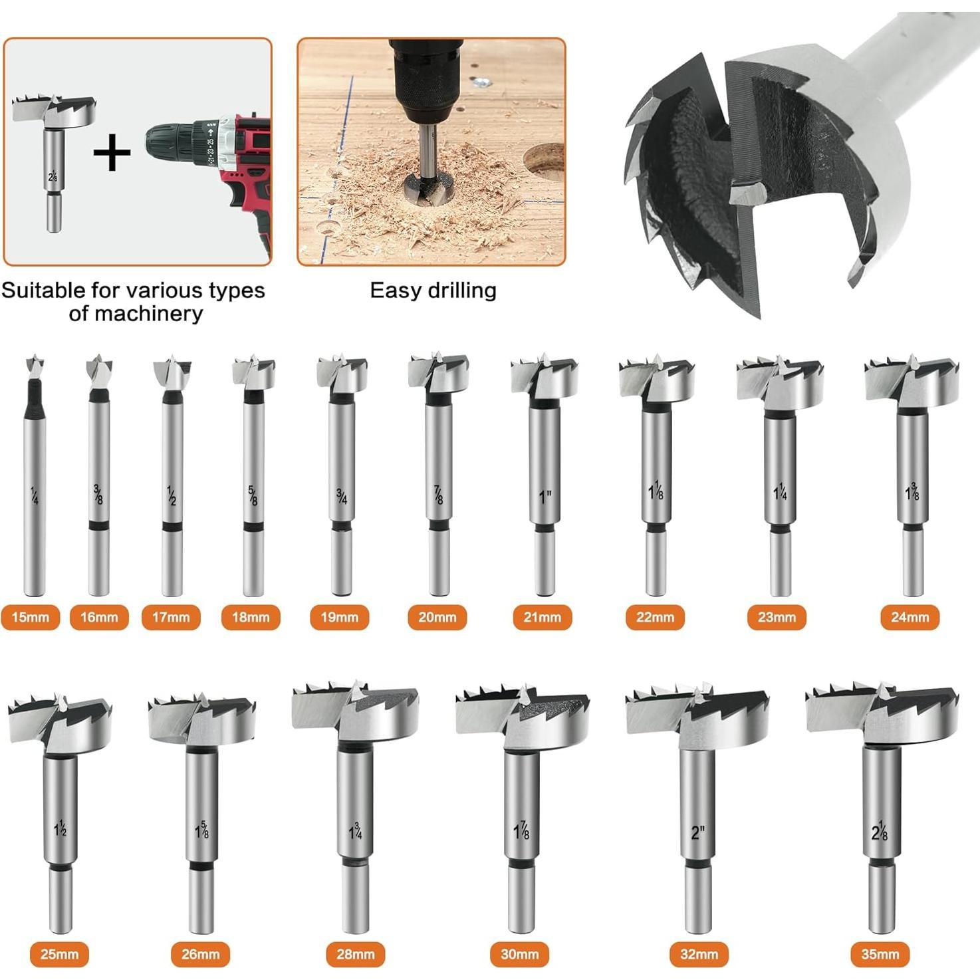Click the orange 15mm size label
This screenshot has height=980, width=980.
pos(31,617)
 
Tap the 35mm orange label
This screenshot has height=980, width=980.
pos(880,954)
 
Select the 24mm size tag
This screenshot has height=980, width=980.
pos(910,617)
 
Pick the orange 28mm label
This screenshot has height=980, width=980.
pos(355,954)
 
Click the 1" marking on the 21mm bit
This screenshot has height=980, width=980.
pos(545,497)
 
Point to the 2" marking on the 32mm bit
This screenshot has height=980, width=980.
pos(697,832)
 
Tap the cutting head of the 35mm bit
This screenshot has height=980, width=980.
pos(882,715)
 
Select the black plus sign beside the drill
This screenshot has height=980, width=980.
pos(112,152)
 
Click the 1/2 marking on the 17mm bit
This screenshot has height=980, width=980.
pos(172,495)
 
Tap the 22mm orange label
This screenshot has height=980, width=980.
pos(655,617)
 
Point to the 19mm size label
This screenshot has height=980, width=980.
pos(339,617)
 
